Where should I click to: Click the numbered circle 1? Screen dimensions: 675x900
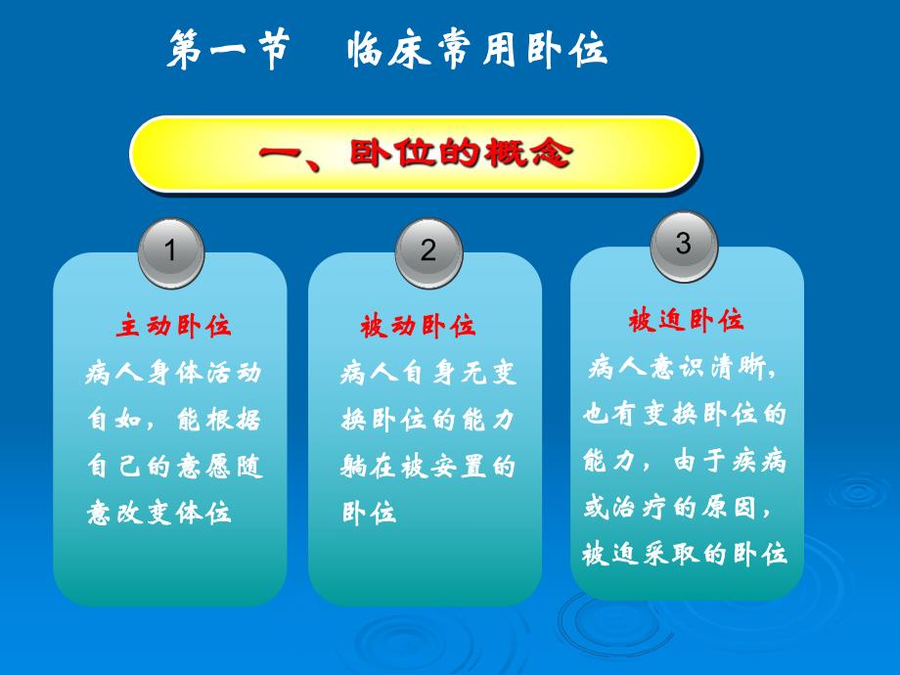tap(171, 251)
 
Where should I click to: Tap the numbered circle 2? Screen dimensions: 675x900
tap(428, 251)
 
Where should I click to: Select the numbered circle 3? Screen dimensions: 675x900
tap(684, 244)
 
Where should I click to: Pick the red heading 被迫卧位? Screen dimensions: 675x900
tap(686, 320)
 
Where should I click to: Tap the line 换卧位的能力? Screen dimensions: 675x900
tap(428, 420)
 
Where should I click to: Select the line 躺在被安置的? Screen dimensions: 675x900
tap(428, 467)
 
